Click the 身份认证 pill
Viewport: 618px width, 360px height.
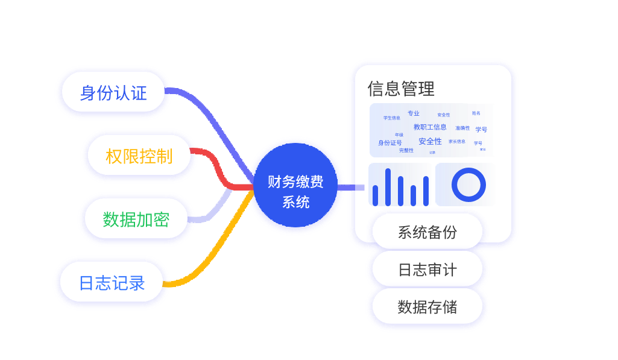pyautogui.click(x=113, y=93)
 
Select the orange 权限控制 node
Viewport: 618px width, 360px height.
pyautogui.click(x=139, y=156)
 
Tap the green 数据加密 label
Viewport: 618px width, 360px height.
pyautogui.click(x=136, y=219)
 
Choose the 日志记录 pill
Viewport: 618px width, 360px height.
pyautogui.click(x=112, y=283)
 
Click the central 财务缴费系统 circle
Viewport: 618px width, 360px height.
pyautogui.click(x=295, y=191)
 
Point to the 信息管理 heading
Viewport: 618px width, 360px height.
pyautogui.click(x=401, y=89)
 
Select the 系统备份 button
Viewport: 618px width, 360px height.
pyautogui.click(x=427, y=232)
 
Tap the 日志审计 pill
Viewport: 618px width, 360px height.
pyautogui.click(x=427, y=270)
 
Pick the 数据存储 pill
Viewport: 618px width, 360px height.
pyautogui.click(x=427, y=307)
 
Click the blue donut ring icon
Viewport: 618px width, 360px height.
pyautogui.click(x=468, y=185)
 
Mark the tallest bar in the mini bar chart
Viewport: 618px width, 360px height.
pyautogui.click(x=388, y=187)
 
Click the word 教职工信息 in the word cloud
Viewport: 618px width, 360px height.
pyautogui.click(x=430, y=127)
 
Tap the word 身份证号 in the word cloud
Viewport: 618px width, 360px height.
pyautogui.click(x=389, y=143)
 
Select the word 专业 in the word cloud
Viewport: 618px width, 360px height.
pyautogui.click(x=413, y=113)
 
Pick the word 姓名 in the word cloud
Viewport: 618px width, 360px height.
pyautogui.click(x=476, y=113)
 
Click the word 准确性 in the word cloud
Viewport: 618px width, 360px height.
pyautogui.click(x=462, y=128)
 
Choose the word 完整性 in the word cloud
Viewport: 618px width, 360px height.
pyautogui.click(x=406, y=150)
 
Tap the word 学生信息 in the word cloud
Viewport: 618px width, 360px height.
pyautogui.click(x=391, y=118)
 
